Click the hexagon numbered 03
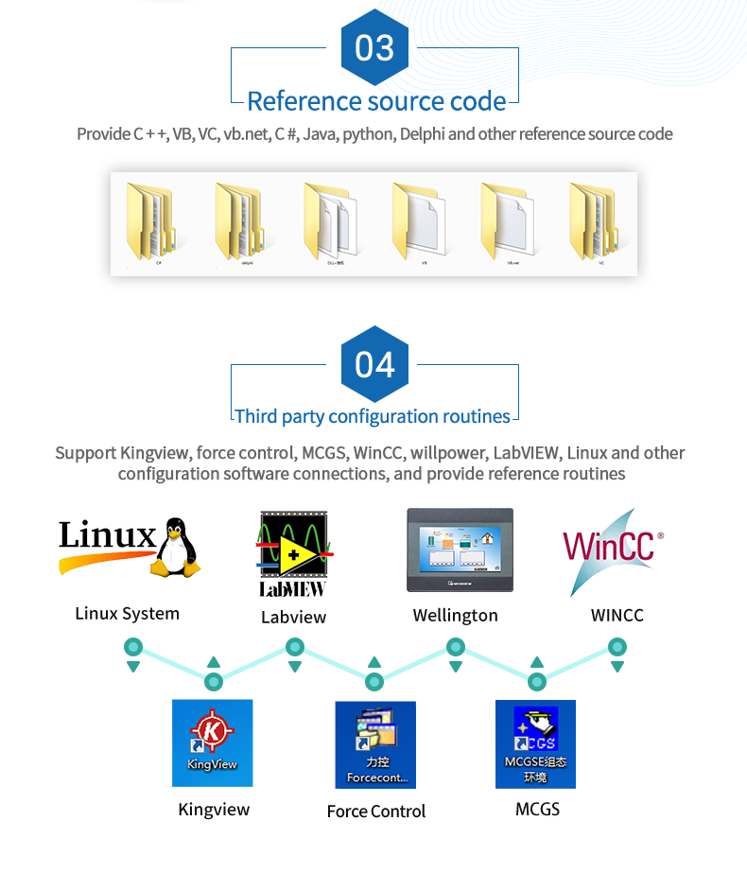[374, 47]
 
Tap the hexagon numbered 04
[374, 364]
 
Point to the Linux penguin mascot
[177, 546]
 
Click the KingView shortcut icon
[212, 742]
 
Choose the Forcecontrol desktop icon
[375, 744]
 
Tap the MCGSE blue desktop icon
[535, 743]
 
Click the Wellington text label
[455, 616]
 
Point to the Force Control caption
[376, 812]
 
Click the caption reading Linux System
[127, 614]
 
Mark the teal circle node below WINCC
[617, 647]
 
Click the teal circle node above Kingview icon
[215, 681]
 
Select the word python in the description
[367, 134]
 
